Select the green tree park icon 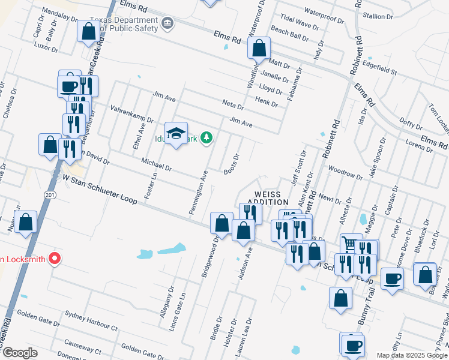(206, 139)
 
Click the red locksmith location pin (55, 259)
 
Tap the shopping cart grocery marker (351, 244)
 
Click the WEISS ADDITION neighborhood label (272, 198)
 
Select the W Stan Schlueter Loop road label (100, 189)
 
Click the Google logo (19, 353)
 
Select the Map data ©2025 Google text (412, 355)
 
